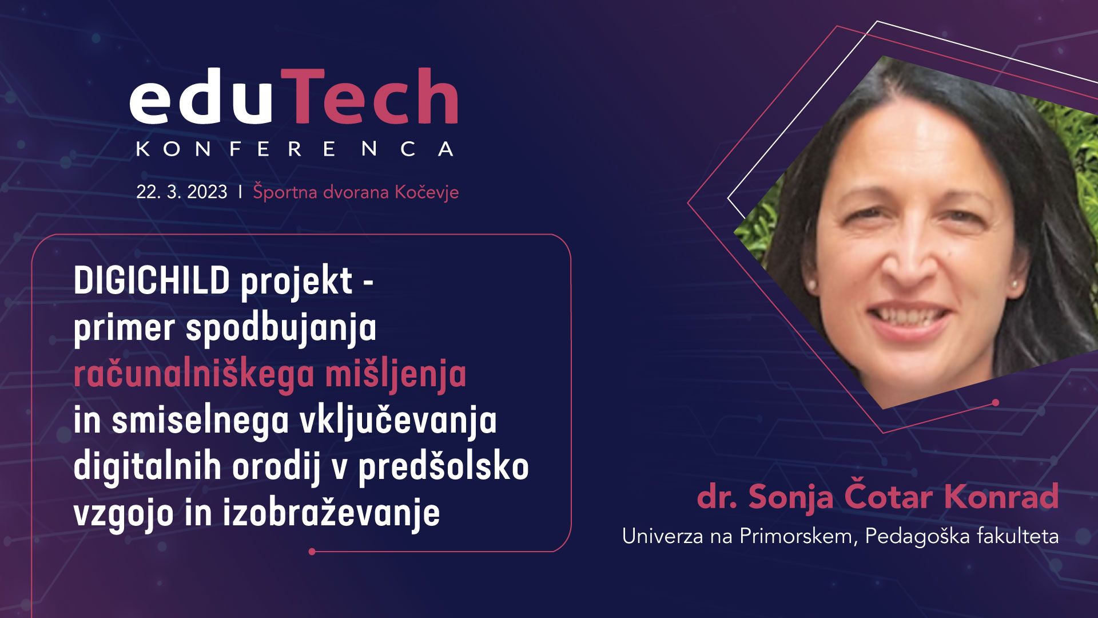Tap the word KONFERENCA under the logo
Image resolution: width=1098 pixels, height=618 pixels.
pos(295,149)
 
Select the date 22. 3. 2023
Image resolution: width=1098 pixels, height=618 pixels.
pos(182,192)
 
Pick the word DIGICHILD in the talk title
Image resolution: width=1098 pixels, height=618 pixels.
pos(152,281)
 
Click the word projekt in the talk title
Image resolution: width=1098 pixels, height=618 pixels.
pos(296,283)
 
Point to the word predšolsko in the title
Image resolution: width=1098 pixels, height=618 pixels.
pos(443,467)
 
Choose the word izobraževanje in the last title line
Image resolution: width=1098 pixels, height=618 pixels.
pos(331,513)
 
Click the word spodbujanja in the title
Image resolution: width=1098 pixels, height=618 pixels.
pos(281,329)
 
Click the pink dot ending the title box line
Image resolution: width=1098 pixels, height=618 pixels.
pos(312,552)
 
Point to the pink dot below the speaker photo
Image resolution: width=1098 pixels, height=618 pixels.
pos(996,402)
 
